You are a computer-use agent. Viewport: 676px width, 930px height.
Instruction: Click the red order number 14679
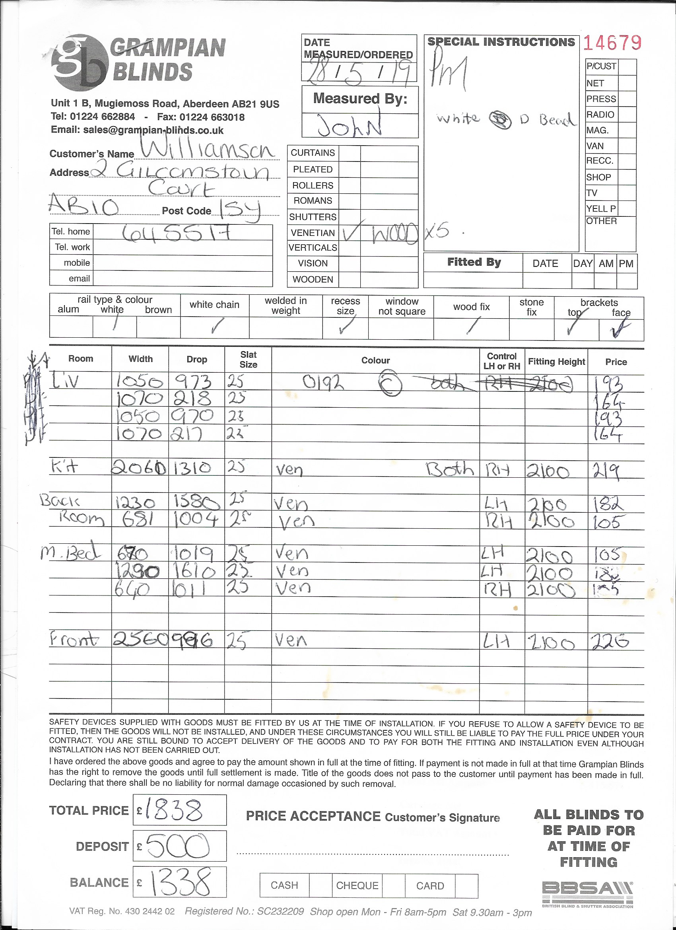(612, 43)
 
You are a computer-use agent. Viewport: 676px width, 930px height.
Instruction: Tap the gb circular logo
(80, 62)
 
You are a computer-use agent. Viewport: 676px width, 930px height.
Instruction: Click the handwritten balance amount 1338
(180, 882)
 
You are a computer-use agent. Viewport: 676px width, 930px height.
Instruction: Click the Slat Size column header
(248, 360)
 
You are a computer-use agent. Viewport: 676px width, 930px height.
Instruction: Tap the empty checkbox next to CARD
(466, 886)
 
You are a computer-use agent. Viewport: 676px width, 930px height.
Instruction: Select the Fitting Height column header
(556, 362)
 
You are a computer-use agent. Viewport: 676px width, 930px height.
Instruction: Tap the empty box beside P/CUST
(626, 67)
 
